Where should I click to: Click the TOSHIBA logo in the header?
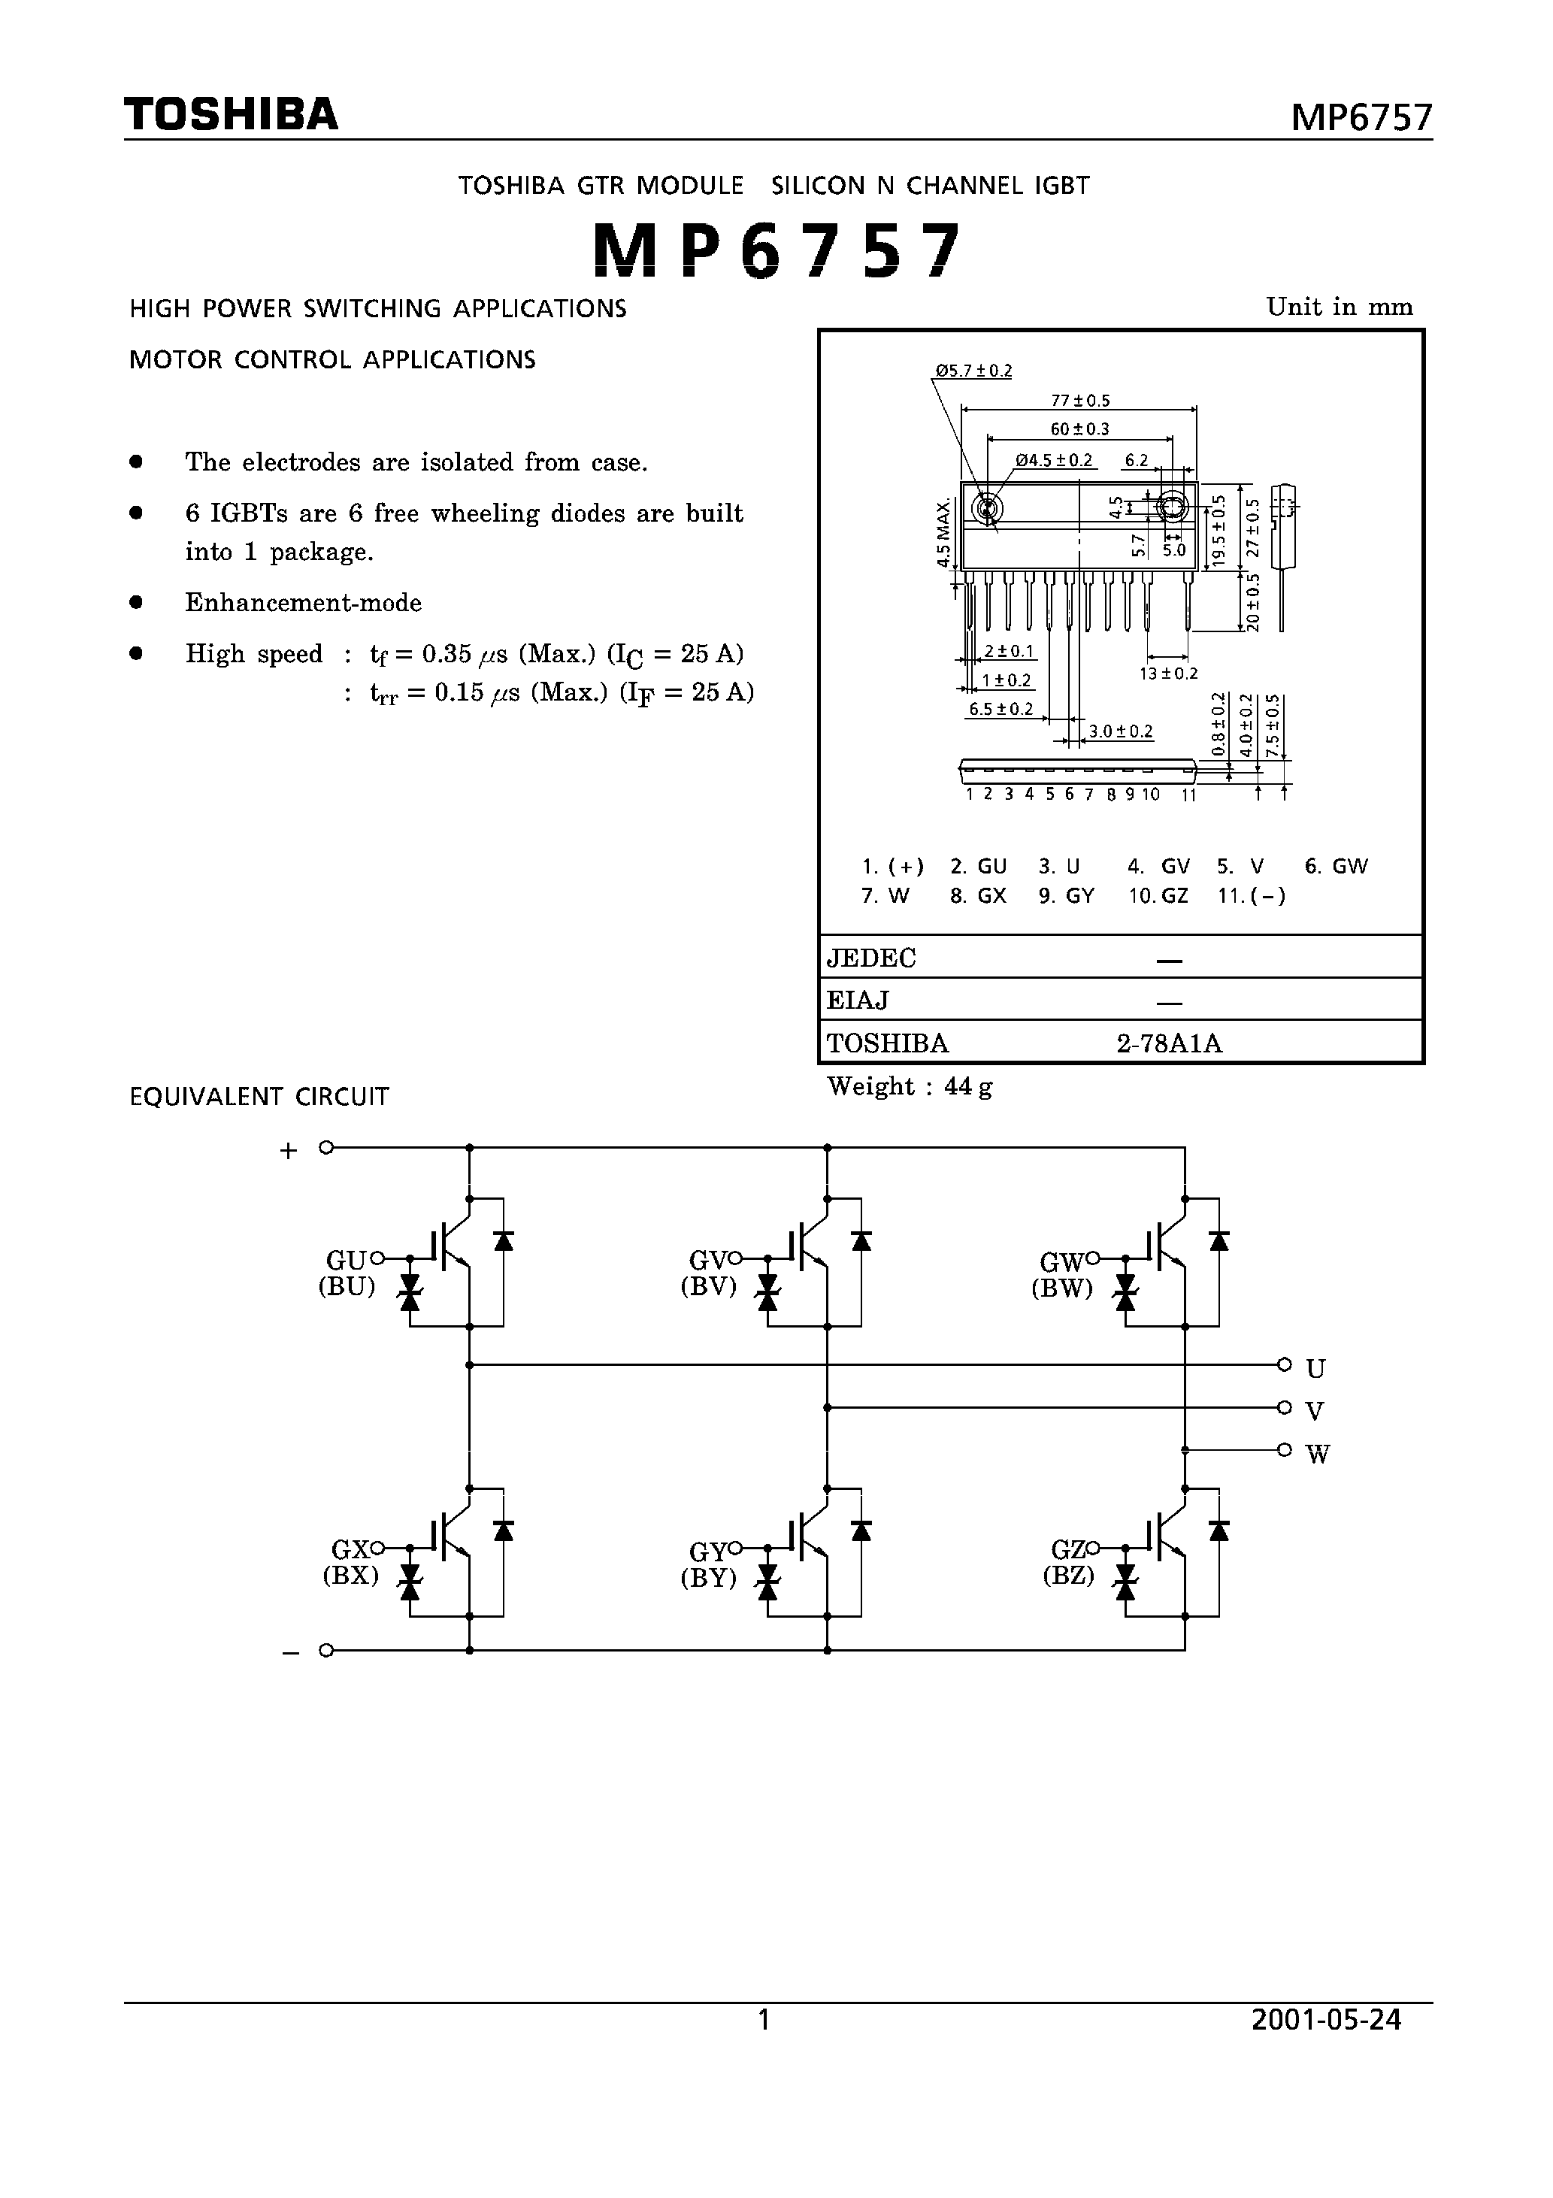coord(231,114)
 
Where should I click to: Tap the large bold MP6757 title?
coord(776,251)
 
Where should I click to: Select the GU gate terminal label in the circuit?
coord(346,1261)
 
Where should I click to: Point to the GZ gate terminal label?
coord(1067,1549)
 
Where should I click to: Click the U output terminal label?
coord(1315,1369)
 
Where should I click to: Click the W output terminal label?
coord(1318,1455)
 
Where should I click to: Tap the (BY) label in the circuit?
coord(709,1578)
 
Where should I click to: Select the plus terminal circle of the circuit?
coord(326,1147)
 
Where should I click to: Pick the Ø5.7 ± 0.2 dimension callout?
coord(973,371)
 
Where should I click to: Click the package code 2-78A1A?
coord(1169,1043)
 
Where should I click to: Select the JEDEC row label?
coord(871,958)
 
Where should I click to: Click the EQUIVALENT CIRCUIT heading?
coord(259,1097)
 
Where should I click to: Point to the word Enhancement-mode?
coord(304,603)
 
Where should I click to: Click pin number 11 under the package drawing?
coord(1188,795)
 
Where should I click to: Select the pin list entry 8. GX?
coord(977,896)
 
